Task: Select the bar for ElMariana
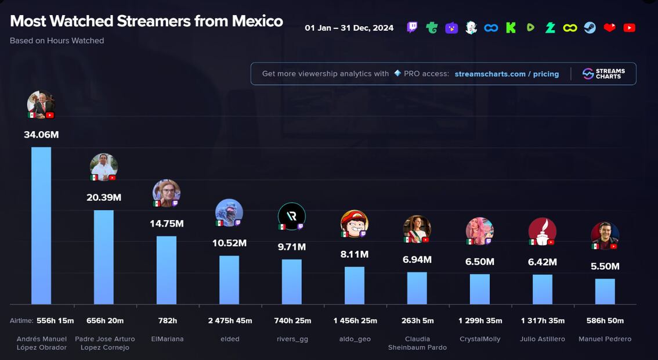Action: coord(167,270)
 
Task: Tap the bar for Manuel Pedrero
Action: coord(605,291)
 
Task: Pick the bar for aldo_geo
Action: coord(355,285)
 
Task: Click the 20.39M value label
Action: coord(104,197)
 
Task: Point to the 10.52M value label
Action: coord(229,243)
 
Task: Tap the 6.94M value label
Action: coord(417,260)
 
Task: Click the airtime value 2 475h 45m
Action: coord(230,321)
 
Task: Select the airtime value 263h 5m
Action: coord(417,321)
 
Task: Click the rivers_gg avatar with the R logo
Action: coord(291,216)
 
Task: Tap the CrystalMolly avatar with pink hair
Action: coord(479,231)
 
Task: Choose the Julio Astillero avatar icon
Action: coord(542,231)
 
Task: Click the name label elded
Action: coord(230,339)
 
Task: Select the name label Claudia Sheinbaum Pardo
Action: coord(417,343)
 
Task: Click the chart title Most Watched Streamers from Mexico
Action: coord(146,21)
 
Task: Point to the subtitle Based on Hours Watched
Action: coord(57,41)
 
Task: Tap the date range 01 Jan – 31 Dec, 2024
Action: coord(349,28)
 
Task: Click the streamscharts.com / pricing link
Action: coord(507,74)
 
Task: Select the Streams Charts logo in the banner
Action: coord(603,74)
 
